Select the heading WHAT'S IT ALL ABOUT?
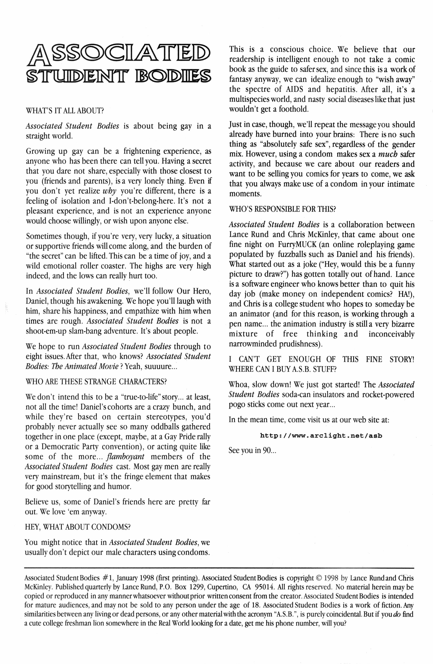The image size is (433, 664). pos(65,111)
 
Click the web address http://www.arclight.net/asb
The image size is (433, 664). pos(321,436)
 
